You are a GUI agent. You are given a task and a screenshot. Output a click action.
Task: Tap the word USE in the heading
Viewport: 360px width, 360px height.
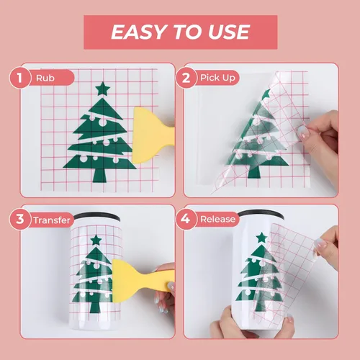point(229,32)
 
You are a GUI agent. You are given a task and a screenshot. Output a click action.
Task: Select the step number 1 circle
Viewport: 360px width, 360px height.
point(20,78)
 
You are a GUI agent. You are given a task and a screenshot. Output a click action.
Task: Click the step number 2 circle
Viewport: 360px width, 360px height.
point(186,78)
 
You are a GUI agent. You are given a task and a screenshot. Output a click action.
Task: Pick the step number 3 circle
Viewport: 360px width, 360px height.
point(20,220)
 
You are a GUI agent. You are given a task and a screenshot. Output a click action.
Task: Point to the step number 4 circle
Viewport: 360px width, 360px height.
point(186,220)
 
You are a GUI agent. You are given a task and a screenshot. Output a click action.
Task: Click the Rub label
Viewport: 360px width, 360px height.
point(45,78)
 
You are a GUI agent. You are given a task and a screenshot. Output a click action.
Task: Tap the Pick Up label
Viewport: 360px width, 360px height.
point(217,78)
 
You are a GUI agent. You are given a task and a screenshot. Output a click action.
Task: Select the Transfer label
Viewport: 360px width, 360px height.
point(52,220)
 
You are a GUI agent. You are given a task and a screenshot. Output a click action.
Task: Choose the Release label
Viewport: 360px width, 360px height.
point(217,219)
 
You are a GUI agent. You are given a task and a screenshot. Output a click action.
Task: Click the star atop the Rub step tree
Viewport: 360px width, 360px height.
point(103,89)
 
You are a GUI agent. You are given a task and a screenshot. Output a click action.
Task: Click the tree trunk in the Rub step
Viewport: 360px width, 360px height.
point(99,175)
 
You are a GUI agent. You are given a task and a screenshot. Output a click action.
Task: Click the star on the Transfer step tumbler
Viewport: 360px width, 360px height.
point(96,240)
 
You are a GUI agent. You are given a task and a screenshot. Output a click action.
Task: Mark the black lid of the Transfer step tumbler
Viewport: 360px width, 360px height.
point(96,217)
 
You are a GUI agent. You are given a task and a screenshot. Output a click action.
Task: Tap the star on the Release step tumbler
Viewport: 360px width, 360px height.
point(261,238)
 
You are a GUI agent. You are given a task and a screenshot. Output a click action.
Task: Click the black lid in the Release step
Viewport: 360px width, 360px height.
point(261,215)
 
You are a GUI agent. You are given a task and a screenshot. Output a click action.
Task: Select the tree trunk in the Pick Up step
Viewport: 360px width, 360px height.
point(254,171)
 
